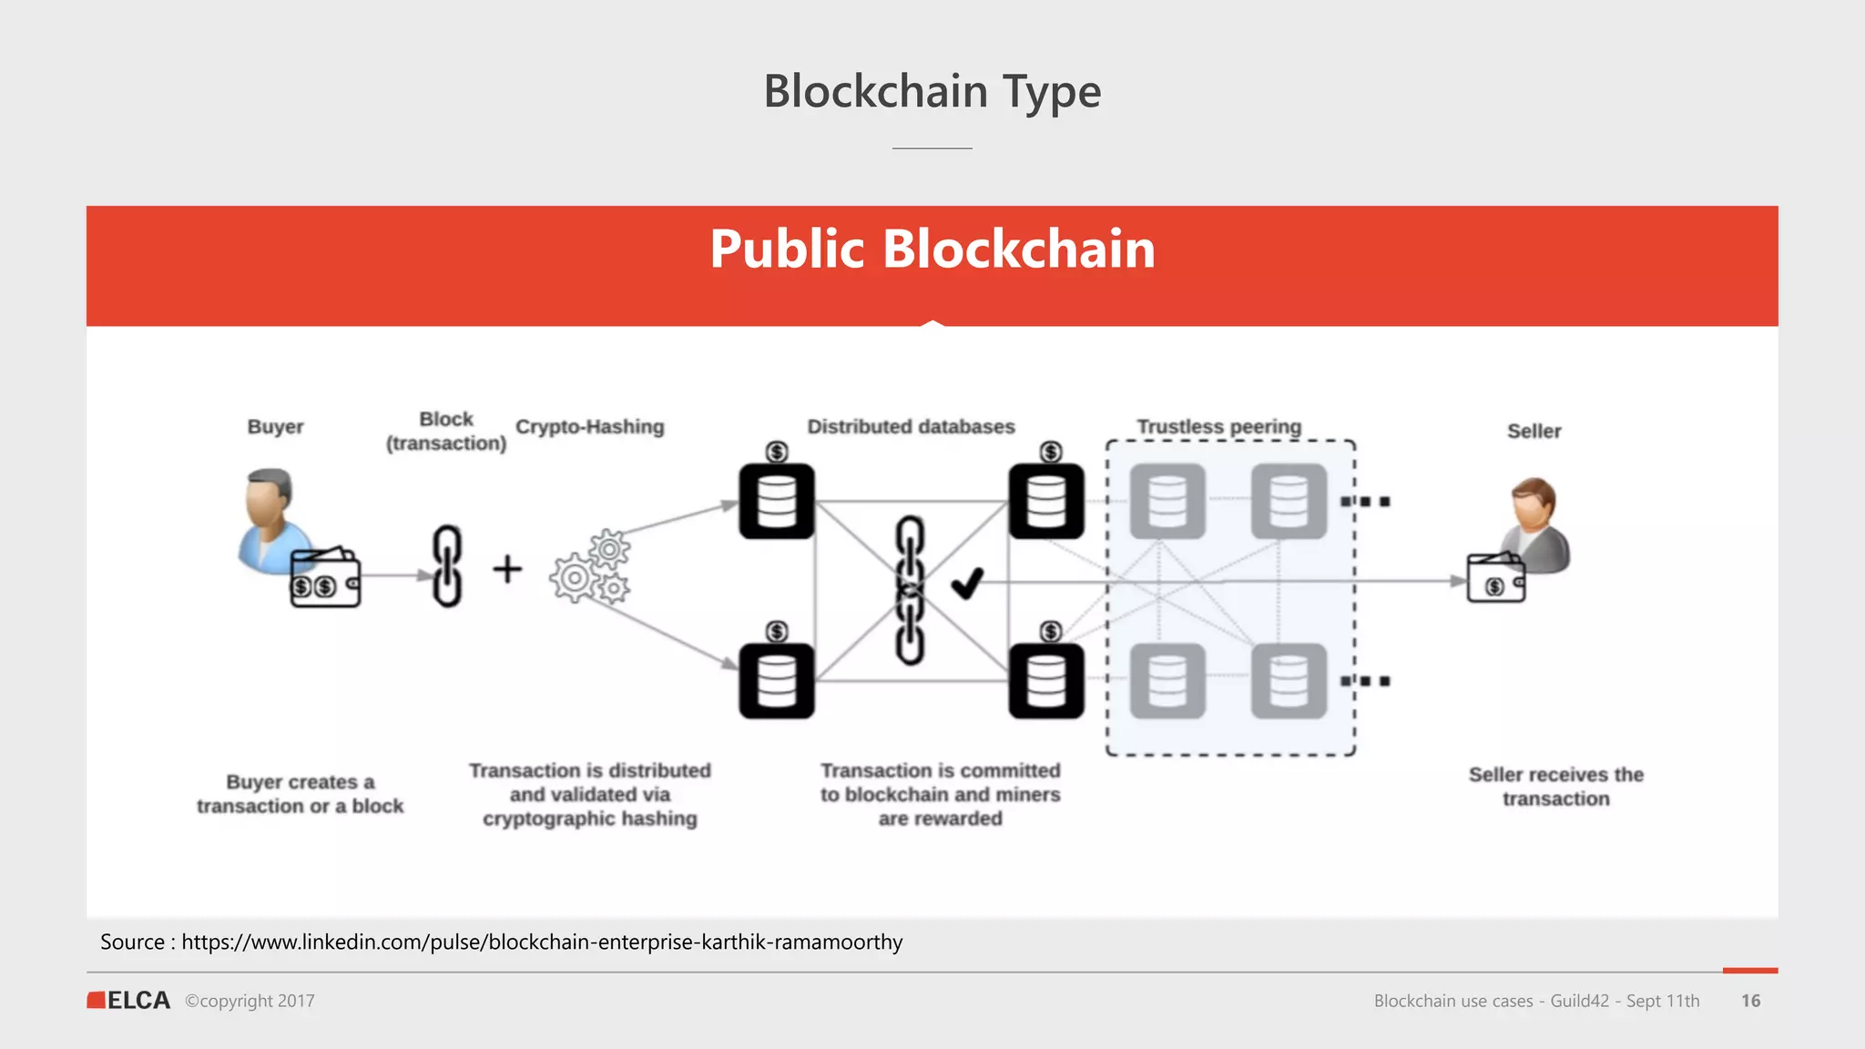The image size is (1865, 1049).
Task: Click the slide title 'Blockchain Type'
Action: (x=932, y=92)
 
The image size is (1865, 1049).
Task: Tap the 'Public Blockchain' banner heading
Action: (x=932, y=250)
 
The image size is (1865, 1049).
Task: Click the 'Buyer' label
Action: (x=275, y=427)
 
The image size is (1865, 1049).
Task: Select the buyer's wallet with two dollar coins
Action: (x=325, y=579)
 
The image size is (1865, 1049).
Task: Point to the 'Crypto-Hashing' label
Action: (x=589, y=427)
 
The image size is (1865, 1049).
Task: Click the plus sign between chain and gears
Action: (x=507, y=570)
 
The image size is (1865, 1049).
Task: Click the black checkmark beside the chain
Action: (x=967, y=583)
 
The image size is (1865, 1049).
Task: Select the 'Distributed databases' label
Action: (x=911, y=427)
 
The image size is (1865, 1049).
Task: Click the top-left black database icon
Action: (x=777, y=502)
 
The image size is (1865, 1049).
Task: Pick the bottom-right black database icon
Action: (x=1046, y=681)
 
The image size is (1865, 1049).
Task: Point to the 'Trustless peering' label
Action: (x=1218, y=427)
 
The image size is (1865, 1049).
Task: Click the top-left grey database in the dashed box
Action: (x=1167, y=502)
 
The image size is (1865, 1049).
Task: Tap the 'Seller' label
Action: (x=1534, y=432)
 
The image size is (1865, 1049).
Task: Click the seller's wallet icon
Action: (x=1495, y=579)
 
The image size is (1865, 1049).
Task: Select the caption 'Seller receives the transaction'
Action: (x=1555, y=787)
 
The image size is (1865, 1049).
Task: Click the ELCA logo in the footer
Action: (x=129, y=1001)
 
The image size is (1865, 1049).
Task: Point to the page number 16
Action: (x=1750, y=1001)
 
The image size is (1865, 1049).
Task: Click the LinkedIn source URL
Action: (x=542, y=942)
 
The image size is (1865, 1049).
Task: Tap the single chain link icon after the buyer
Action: (x=447, y=565)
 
